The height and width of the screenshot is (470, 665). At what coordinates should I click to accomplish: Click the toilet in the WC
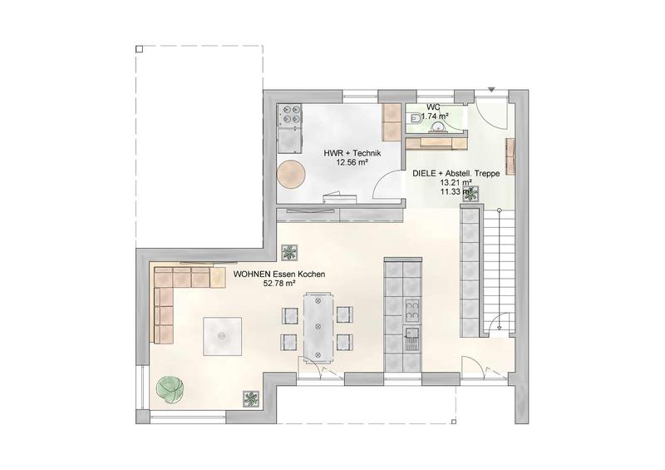(x=414, y=117)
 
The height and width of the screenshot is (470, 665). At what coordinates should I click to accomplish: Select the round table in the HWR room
(x=291, y=173)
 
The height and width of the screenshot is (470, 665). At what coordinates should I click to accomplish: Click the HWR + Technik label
(x=352, y=153)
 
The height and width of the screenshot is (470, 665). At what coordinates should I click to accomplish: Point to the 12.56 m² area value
(x=352, y=161)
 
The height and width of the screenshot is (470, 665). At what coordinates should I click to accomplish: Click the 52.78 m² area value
(x=279, y=283)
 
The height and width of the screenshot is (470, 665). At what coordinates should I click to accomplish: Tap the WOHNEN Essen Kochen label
(x=279, y=275)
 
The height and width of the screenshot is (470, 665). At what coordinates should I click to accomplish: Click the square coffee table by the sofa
(x=222, y=336)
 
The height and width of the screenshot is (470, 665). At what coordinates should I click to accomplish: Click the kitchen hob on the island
(x=411, y=310)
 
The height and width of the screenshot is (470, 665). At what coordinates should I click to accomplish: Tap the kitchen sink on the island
(x=411, y=339)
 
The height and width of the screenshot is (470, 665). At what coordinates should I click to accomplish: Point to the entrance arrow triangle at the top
(x=491, y=90)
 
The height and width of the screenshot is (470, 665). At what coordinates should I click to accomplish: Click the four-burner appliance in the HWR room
(x=289, y=115)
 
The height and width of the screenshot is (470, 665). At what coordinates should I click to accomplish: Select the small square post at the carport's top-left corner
(x=139, y=49)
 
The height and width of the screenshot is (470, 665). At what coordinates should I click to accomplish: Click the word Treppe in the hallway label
(x=488, y=173)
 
